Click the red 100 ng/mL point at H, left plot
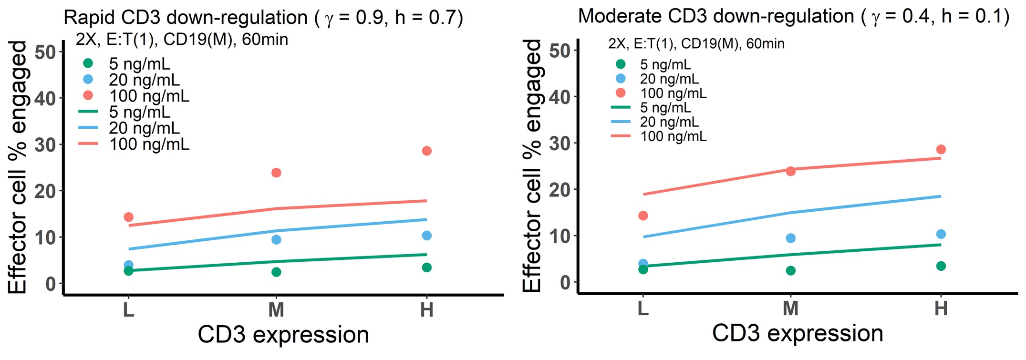426,151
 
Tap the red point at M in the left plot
276,172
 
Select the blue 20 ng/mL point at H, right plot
941,234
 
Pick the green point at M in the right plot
790,270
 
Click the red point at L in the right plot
643,216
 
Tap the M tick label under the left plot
276,310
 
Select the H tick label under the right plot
941,309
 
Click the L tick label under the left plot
128,310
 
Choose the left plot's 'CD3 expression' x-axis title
283,335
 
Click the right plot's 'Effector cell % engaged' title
532,165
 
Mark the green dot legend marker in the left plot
88,63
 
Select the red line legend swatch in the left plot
88,144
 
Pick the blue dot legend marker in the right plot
621,78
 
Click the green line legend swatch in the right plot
621,107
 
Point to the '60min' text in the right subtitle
765,44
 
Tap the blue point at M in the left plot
276,239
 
